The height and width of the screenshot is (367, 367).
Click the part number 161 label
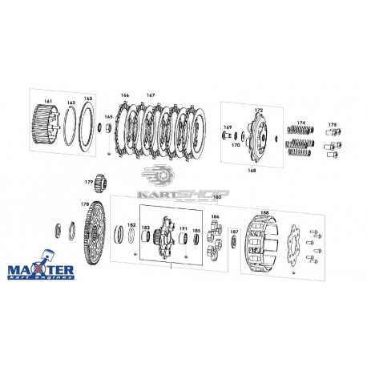49,101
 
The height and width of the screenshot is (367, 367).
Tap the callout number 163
87,99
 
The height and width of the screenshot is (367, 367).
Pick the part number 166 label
124,95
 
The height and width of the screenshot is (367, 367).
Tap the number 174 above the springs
302,123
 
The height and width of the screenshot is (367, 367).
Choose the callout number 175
333,123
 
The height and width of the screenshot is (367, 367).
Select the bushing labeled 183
146,236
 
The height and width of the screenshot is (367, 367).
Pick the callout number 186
214,217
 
